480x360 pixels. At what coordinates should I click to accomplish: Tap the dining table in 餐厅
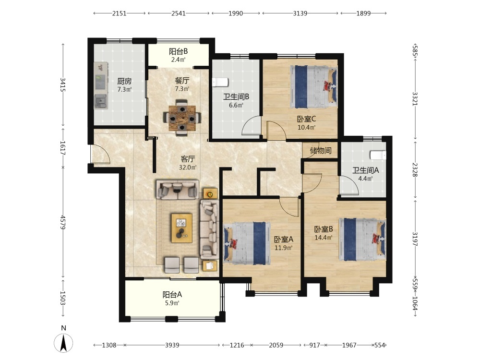(182, 118)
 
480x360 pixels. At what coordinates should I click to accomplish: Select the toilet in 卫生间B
(220, 83)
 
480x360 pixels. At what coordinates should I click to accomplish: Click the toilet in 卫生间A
(378, 155)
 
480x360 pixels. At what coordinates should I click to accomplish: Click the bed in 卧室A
(247, 243)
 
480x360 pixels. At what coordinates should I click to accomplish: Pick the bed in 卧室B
(362, 240)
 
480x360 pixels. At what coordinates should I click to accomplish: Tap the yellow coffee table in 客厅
(182, 228)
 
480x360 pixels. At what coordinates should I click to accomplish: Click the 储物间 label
(321, 150)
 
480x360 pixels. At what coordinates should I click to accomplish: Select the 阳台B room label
(179, 51)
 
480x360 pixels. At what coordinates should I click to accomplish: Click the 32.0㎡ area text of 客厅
(188, 168)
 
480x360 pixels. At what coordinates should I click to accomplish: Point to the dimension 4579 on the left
(63, 222)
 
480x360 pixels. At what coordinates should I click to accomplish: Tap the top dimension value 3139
(300, 13)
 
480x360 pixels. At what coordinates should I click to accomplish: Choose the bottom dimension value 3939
(172, 345)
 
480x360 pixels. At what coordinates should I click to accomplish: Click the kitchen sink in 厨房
(101, 102)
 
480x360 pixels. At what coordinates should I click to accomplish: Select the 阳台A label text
(172, 295)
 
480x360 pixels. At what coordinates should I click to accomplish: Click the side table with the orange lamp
(210, 194)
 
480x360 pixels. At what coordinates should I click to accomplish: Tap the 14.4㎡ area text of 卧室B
(324, 237)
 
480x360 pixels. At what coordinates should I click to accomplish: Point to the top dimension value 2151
(119, 13)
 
